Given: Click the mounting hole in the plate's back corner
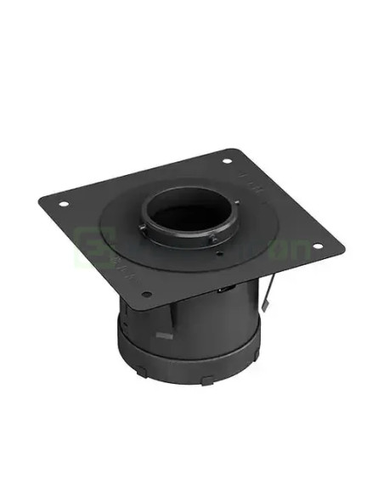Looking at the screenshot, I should point(227,161).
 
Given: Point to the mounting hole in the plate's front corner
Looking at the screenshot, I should point(146,295).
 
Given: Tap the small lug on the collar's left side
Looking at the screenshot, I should point(140,228).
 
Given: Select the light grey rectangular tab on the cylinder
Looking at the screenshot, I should point(164,336).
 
